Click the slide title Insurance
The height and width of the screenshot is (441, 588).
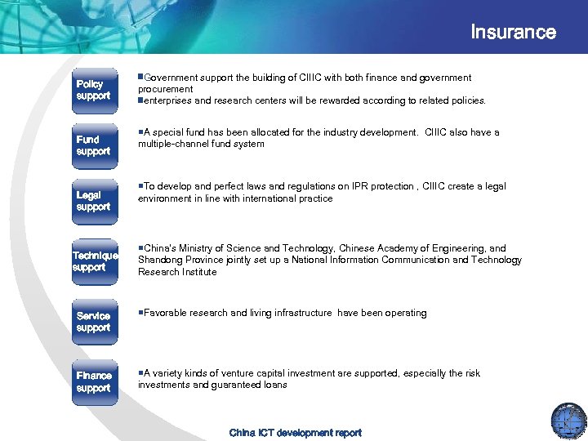[x=513, y=33]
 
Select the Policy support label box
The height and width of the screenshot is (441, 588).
[x=93, y=90]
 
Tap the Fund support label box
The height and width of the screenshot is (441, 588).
[x=93, y=145]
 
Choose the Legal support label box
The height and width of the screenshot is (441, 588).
[x=93, y=201]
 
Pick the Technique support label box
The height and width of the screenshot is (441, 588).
[x=95, y=261]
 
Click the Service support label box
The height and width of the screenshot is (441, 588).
[x=93, y=322]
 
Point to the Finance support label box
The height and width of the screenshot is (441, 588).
[x=93, y=381]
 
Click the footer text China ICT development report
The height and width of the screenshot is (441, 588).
[x=295, y=433]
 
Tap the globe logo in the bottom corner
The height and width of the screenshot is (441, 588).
[x=568, y=420]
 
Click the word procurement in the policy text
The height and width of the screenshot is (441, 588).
[x=165, y=89]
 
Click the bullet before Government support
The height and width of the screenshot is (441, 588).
[x=140, y=78]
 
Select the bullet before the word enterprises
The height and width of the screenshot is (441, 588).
[x=140, y=100]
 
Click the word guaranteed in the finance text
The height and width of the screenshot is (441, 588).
[x=229, y=385]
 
